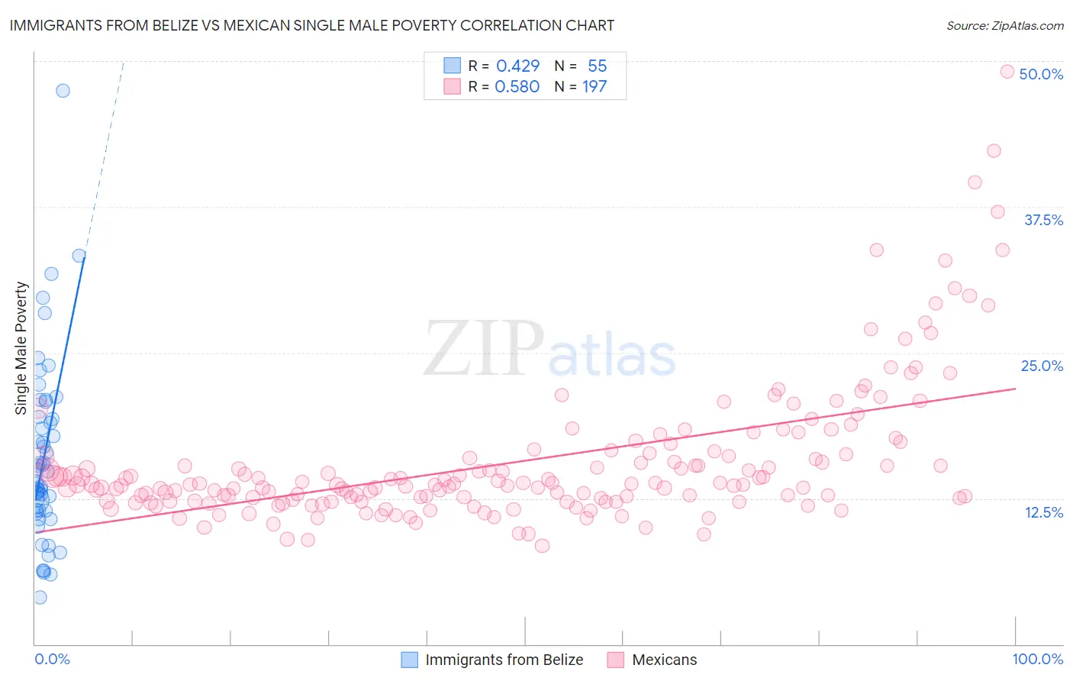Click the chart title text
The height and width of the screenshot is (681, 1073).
(312, 25)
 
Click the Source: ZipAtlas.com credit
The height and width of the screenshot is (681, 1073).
(1004, 25)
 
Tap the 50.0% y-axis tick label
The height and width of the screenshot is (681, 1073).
(1041, 74)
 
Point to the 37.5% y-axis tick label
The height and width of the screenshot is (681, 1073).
(1043, 220)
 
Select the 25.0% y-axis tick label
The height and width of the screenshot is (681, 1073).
(1042, 366)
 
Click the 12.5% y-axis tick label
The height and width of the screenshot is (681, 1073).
(1043, 512)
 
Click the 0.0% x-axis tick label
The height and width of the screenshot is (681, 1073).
(52, 659)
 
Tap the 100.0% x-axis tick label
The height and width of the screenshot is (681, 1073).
(1038, 659)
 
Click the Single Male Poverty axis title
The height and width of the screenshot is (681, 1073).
(21, 348)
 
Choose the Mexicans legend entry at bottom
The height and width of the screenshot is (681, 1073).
(664, 660)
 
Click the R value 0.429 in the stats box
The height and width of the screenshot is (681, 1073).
(517, 66)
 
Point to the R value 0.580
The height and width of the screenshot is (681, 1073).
(517, 86)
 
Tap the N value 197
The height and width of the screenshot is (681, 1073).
(594, 86)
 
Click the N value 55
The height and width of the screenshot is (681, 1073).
(597, 66)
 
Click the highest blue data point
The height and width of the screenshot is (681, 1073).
(63, 90)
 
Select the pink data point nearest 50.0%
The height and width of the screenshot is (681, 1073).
(1007, 72)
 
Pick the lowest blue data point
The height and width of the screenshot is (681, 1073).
(40, 597)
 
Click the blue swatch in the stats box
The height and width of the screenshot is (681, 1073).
(453, 66)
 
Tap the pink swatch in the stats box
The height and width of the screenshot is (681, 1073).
(453, 86)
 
